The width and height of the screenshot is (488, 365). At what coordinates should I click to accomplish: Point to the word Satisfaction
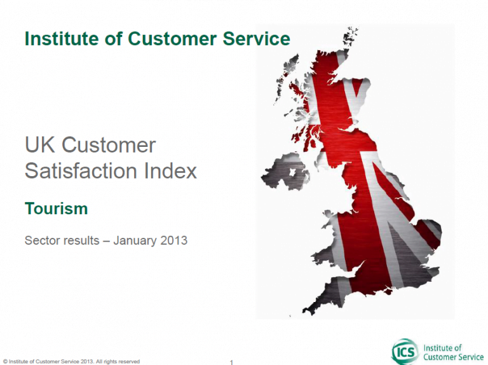(81, 171)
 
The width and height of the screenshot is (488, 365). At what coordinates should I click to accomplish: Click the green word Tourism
(57, 209)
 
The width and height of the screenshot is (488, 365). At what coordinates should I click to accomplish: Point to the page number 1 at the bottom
(231, 362)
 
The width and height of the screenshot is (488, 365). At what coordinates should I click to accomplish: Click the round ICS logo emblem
(405, 352)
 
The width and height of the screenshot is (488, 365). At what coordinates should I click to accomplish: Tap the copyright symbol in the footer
(5, 362)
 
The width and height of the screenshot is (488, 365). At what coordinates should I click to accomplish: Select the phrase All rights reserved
(118, 362)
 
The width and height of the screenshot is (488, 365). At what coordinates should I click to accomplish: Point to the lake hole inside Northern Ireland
(292, 172)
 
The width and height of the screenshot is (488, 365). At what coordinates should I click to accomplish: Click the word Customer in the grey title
(109, 145)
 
